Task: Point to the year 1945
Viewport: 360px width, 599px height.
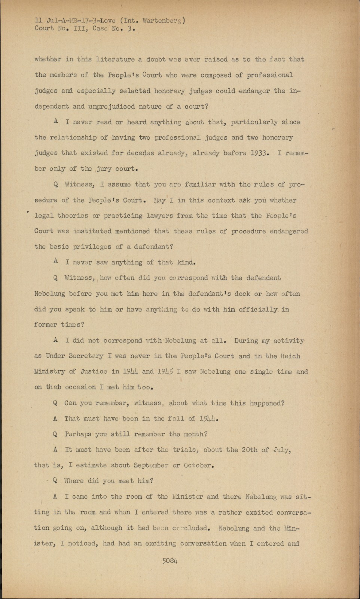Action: (165, 372)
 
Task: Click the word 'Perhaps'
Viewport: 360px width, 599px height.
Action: (78, 434)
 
